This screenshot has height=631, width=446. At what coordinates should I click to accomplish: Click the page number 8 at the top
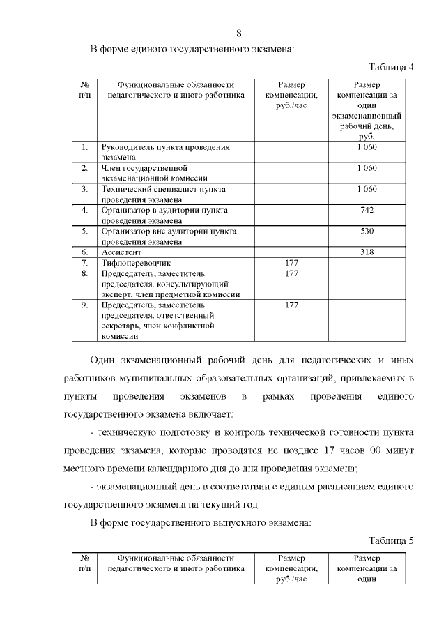pyautogui.click(x=239, y=33)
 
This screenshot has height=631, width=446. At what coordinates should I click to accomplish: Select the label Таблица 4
pyautogui.click(x=391, y=67)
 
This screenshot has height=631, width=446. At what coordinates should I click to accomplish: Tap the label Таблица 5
pyautogui.click(x=391, y=540)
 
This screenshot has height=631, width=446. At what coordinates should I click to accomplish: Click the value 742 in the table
pyautogui.click(x=367, y=210)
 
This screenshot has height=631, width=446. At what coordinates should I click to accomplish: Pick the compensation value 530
pyautogui.click(x=367, y=231)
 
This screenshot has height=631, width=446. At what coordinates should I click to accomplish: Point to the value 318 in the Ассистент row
pyautogui.click(x=367, y=252)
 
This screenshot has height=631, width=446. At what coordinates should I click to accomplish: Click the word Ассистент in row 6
pyautogui.click(x=122, y=252)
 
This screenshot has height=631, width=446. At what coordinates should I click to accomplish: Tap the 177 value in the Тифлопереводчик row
pyautogui.click(x=292, y=263)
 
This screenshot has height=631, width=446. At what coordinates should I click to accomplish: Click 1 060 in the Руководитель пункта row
pyautogui.click(x=367, y=147)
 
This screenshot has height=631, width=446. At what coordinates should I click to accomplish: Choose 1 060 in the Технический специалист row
pyautogui.click(x=367, y=189)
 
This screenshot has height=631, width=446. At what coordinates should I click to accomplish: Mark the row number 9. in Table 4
pyautogui.click(x=84, y=305)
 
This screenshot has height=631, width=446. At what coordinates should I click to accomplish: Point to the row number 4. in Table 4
pyautogui.click(x=84, y=210)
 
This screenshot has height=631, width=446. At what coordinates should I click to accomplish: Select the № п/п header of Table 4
pyautogui.click(x=84, y=90)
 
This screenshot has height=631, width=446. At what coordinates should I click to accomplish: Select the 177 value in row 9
pyautogui.click(x=292, y=305)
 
